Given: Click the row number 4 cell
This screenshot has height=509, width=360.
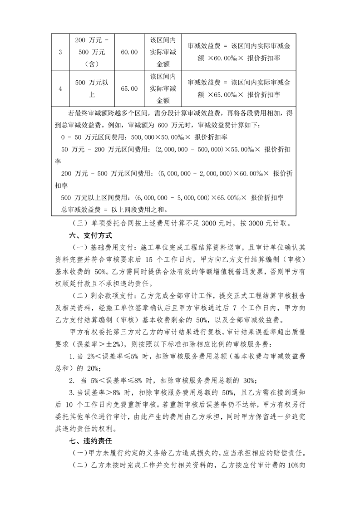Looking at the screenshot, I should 61,89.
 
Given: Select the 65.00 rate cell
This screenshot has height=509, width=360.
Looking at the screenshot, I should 129,89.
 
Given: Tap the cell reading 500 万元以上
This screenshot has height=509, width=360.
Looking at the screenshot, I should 91,89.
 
